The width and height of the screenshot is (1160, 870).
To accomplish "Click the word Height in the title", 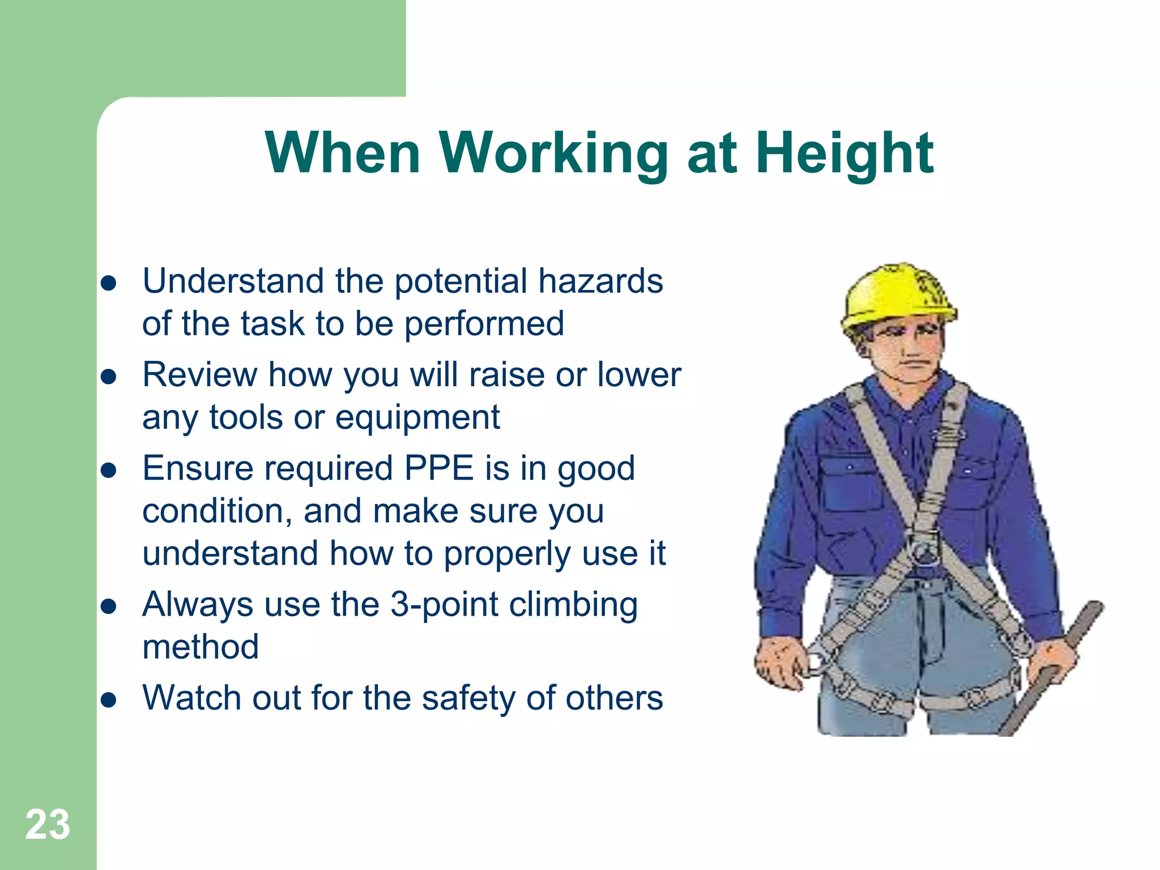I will [845, 154].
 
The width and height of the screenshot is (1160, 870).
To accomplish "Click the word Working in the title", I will [553, 154].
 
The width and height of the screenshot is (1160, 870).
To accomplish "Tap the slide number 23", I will [48, 825].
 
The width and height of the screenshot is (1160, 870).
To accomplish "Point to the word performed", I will [484, 324].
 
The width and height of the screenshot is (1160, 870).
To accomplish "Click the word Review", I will [199, 374].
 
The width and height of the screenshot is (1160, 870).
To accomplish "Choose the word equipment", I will [417, 419].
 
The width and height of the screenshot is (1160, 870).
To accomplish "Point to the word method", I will [201, 647].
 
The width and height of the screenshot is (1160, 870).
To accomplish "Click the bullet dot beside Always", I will [108, 607].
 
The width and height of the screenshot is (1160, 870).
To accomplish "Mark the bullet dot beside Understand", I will [108, 283].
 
